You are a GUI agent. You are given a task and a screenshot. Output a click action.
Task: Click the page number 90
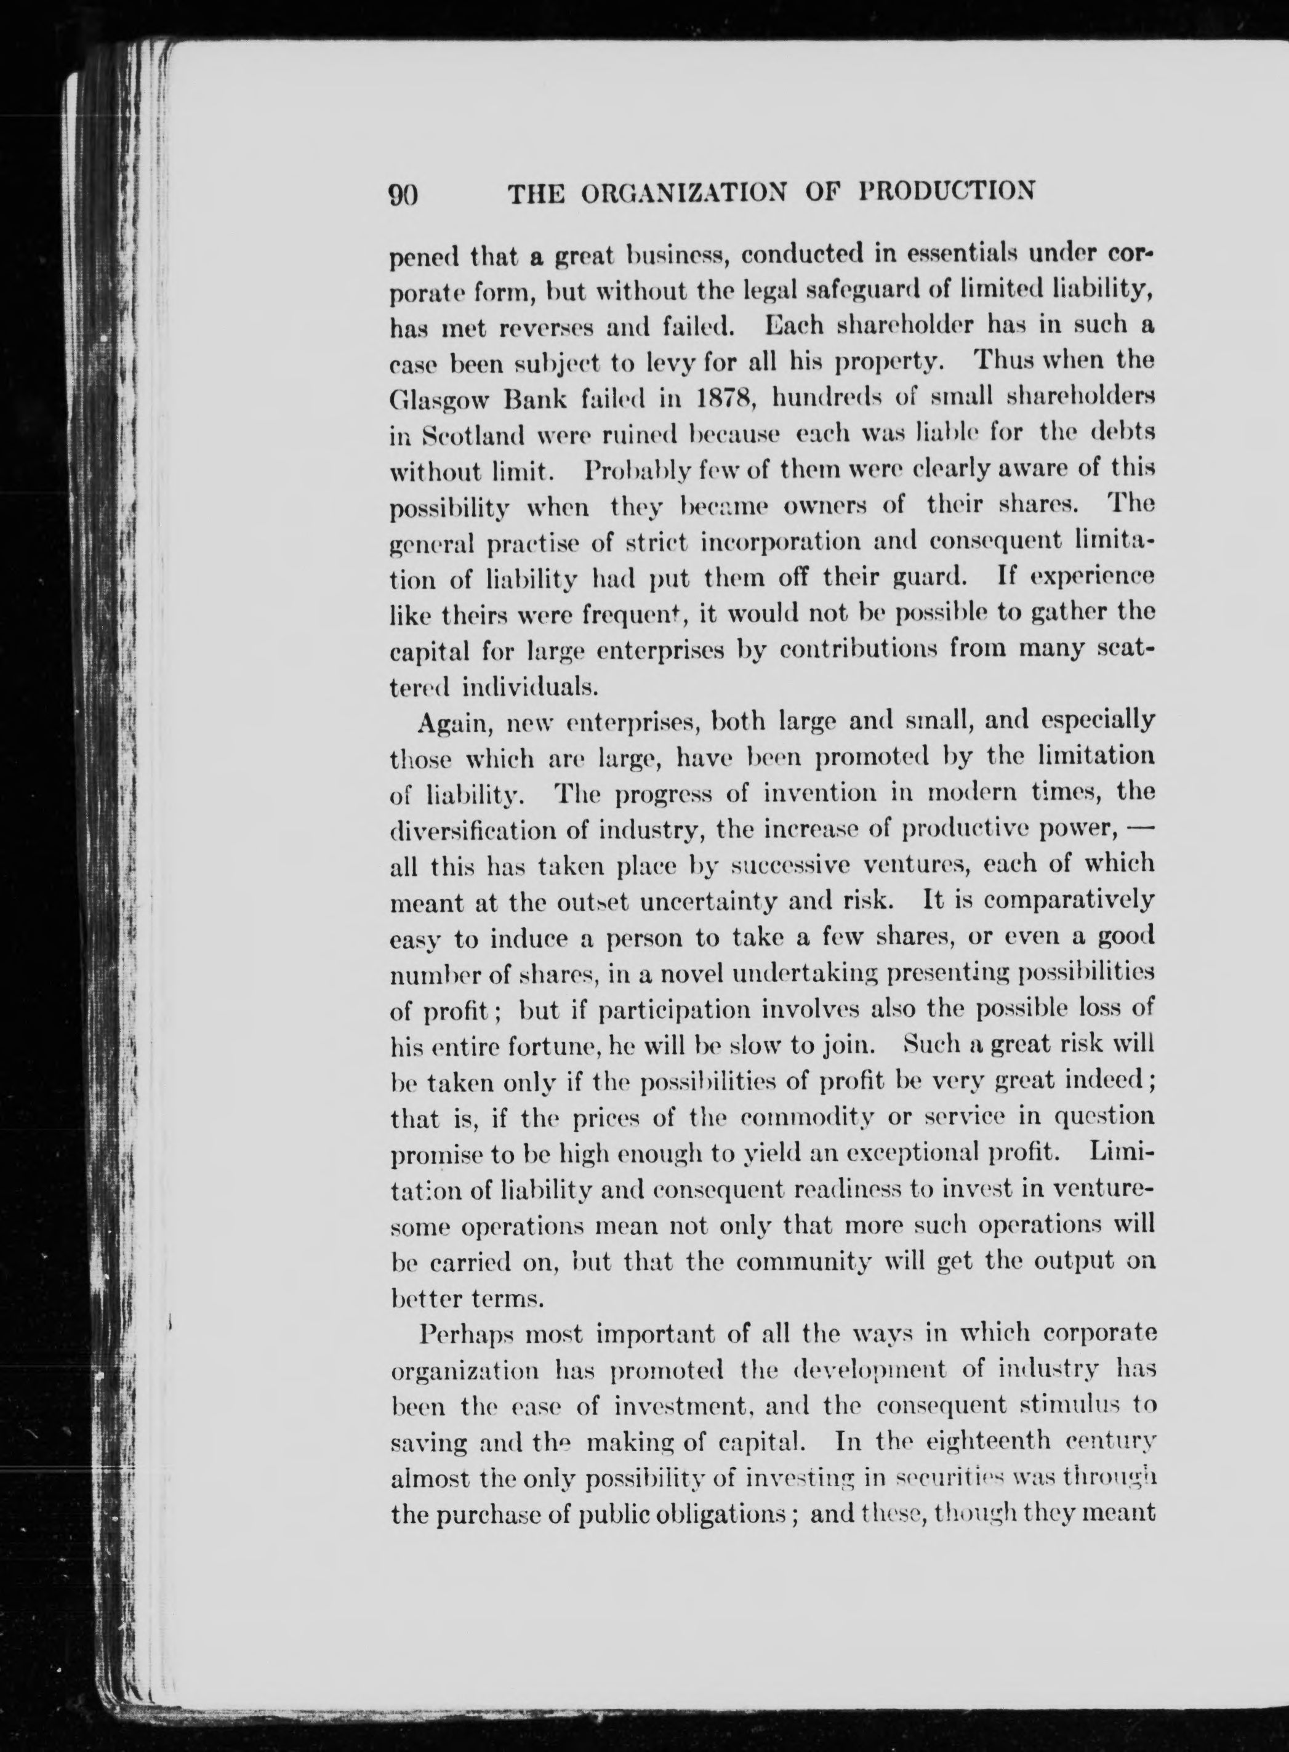pyautogui.click(x=404, y=193)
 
